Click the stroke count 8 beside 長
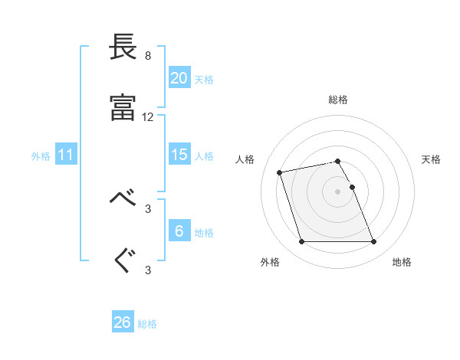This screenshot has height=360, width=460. point(148,56)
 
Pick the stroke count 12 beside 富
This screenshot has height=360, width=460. point(148,117)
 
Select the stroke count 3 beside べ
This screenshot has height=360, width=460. point(148,208)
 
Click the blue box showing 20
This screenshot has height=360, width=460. point(179,78)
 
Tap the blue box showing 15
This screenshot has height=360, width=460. point(179,155)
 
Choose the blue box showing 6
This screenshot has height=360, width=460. point(179,231)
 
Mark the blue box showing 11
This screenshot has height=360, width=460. point(66,155)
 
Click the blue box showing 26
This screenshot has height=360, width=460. point(123,322)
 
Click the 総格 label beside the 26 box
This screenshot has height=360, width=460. point(147,324)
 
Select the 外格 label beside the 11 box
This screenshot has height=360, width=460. point(41,156)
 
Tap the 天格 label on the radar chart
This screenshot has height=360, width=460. point(431,159)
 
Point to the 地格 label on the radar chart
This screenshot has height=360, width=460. point(402,263)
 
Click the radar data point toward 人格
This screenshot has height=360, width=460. point(280,172)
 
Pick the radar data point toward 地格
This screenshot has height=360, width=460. point(373,242)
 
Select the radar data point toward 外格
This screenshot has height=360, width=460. point(301,242)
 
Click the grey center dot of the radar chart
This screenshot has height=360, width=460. point(337,191)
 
